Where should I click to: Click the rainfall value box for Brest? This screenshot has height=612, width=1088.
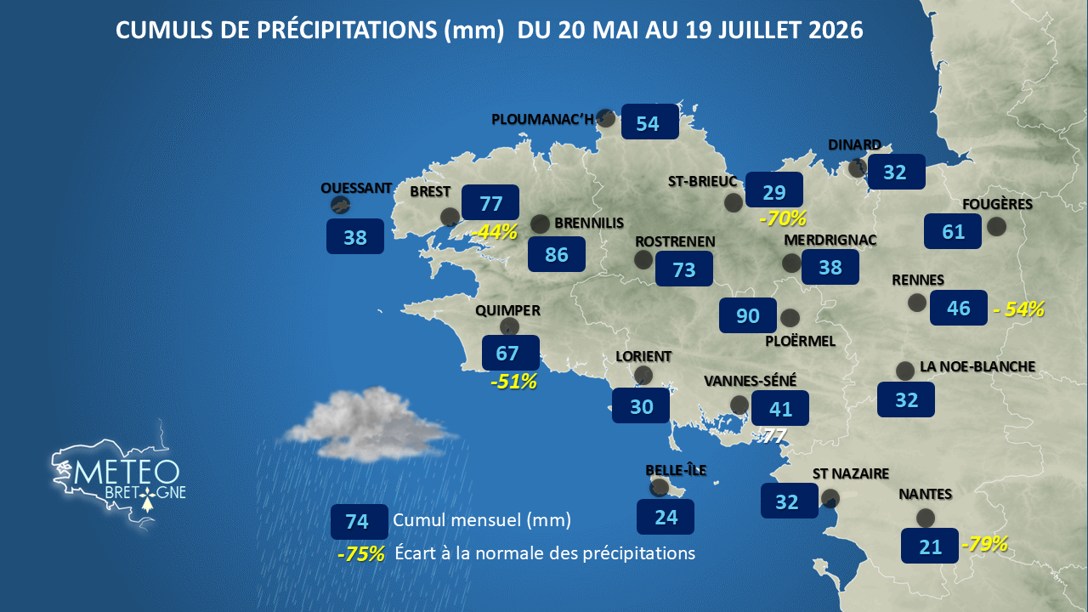(490, 202)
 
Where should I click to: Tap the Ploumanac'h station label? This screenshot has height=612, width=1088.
(542, 120)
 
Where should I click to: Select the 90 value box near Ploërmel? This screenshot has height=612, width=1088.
(747, 315)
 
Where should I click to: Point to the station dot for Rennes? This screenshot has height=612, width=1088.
(917, 303)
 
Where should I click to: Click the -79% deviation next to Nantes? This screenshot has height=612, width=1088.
(984, 544)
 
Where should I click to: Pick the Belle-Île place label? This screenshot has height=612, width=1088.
(676, 470)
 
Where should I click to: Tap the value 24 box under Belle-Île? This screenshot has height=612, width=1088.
(666, 517)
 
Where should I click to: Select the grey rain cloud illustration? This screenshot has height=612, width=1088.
(369, 424)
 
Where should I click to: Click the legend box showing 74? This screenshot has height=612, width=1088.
(359, 522)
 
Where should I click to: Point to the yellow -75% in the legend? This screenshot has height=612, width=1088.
(361, 553)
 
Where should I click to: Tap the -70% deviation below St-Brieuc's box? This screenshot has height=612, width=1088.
(783, 218)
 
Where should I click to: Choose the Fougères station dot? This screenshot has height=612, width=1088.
(996, 226)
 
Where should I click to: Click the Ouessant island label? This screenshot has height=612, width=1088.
(356, 188)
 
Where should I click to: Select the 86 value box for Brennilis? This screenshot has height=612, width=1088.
(557, 254)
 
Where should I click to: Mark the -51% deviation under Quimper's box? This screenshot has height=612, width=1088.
(514, 382)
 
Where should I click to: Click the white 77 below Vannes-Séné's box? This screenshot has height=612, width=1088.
(773, 436)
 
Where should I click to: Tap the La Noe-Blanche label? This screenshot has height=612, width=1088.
(977, 366)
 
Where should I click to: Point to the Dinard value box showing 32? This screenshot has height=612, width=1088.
(896, 172)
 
